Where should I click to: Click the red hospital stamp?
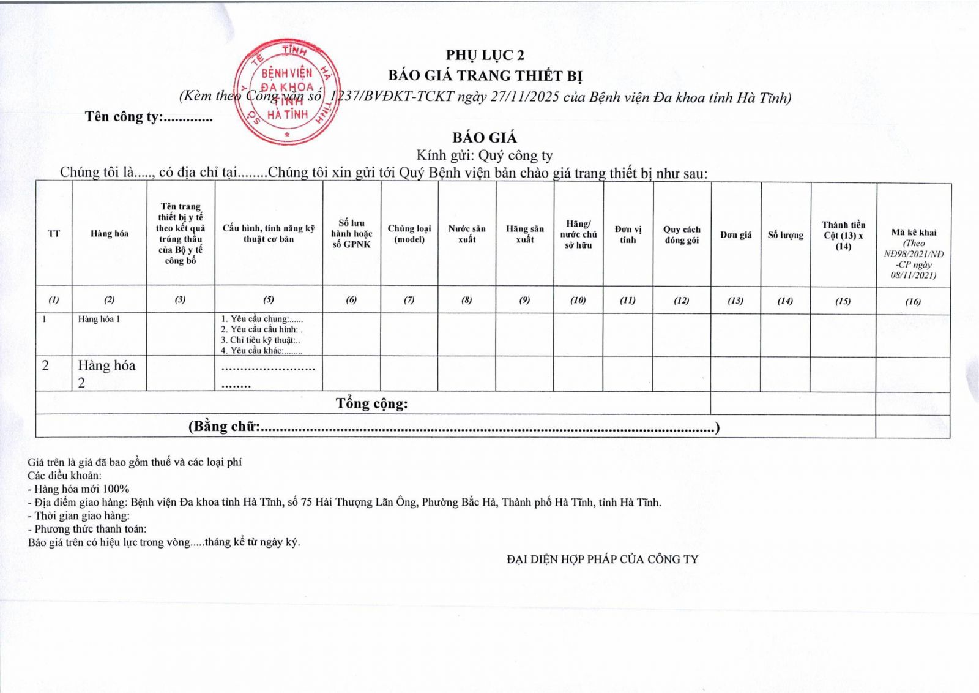(x=286, y=92)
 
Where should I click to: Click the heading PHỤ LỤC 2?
(x=485, y=56)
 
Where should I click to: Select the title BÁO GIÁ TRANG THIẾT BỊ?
(x=485, y=76)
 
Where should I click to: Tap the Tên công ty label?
(x=148, y=117)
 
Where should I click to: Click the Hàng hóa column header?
(x=110, y=234)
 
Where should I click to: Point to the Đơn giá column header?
(x=735, y=235)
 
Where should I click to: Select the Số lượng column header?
(x=785, y=235)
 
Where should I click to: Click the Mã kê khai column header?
(x=913, y=233)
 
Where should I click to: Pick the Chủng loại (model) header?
(x=409, y=234)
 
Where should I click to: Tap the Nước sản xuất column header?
(x=466, y=234)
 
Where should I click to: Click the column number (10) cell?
(x=578, y=301)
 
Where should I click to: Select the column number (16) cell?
(x=913, y=301)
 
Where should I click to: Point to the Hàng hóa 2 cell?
(x=106, y=373)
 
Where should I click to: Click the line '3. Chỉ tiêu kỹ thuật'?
(x=261, y=340)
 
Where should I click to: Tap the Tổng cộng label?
(x=371, y=404)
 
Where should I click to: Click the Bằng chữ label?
(x=224, y=427)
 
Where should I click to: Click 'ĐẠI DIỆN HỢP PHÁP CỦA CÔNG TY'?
(x=602, y=560)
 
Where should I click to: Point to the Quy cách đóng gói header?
(x=682, y=235)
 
